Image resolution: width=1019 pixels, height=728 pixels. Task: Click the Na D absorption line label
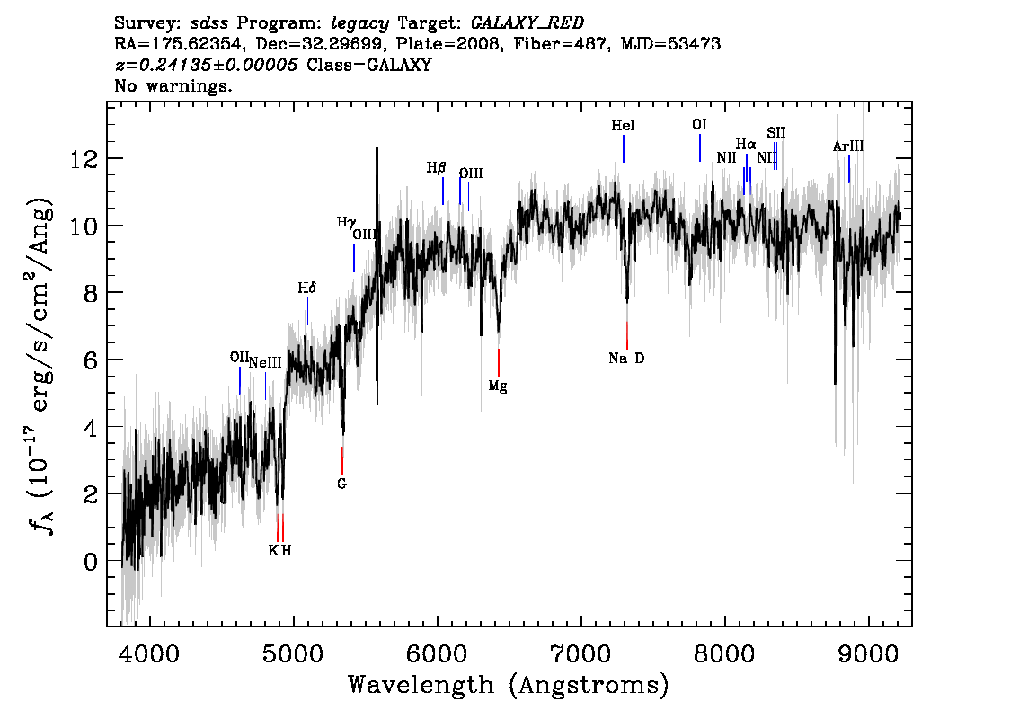(x=626, y=358)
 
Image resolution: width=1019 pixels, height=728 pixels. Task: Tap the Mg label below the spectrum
(x=498, y=386)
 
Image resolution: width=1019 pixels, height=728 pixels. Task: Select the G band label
(x=341, y=484)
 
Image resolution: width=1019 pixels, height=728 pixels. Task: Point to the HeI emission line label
(x=624, y=126)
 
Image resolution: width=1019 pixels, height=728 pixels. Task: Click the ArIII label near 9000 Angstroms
(x=848, y=146)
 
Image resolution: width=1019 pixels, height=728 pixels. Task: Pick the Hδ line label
(x=306, y=288)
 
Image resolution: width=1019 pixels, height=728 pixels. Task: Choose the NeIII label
(x=265, y=363)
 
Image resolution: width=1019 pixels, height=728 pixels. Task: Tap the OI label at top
(x=699, y=124)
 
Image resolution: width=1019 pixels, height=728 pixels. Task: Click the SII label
(x=776, y=133)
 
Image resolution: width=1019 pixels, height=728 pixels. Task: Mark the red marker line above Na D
(x=627, y=335)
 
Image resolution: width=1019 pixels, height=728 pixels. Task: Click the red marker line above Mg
(x=499, y=363)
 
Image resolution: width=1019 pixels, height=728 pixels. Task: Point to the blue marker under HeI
(x=624, y=149)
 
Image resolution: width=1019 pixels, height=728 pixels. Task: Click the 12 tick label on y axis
(x=84, y=158)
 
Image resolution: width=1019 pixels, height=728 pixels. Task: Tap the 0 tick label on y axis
(x=91, y=562)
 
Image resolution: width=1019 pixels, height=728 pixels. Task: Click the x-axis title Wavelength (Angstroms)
(x=509, y=685)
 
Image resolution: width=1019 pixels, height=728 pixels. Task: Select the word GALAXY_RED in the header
(x=527, y=22)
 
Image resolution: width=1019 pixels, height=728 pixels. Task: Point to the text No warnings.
(x=173, y=85)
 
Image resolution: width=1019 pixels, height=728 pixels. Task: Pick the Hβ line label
(x=436, y=168)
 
